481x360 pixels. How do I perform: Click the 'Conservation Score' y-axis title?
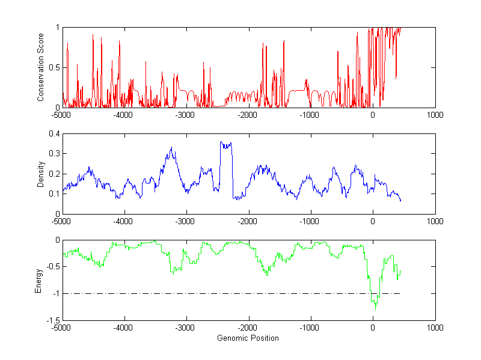point(41,67)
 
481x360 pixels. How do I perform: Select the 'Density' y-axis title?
point(41,174)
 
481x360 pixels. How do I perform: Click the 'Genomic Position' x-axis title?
point(248,338)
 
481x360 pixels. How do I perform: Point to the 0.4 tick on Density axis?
point(54,134)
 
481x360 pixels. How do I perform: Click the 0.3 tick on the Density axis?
point(54,154)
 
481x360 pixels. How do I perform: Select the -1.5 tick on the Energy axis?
point(52,320)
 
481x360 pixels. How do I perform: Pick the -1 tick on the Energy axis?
point(55,294)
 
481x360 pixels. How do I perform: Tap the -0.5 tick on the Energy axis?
point(52,267)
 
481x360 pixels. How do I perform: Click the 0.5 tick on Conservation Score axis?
point(54,67)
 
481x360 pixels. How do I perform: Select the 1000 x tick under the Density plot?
point(435,221)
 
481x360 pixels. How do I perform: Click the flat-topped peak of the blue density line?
point(226,144)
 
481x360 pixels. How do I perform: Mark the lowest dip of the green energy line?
point(376,308)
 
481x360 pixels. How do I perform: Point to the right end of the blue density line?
point(400,200)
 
